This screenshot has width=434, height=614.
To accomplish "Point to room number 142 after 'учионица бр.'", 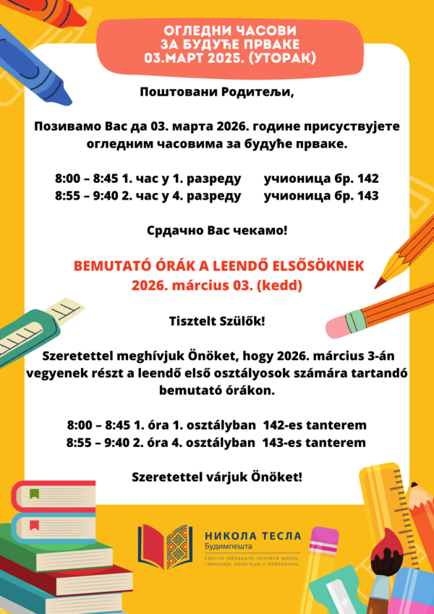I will pos(367,178).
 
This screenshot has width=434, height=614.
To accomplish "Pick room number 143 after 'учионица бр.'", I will pos(367,195).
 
